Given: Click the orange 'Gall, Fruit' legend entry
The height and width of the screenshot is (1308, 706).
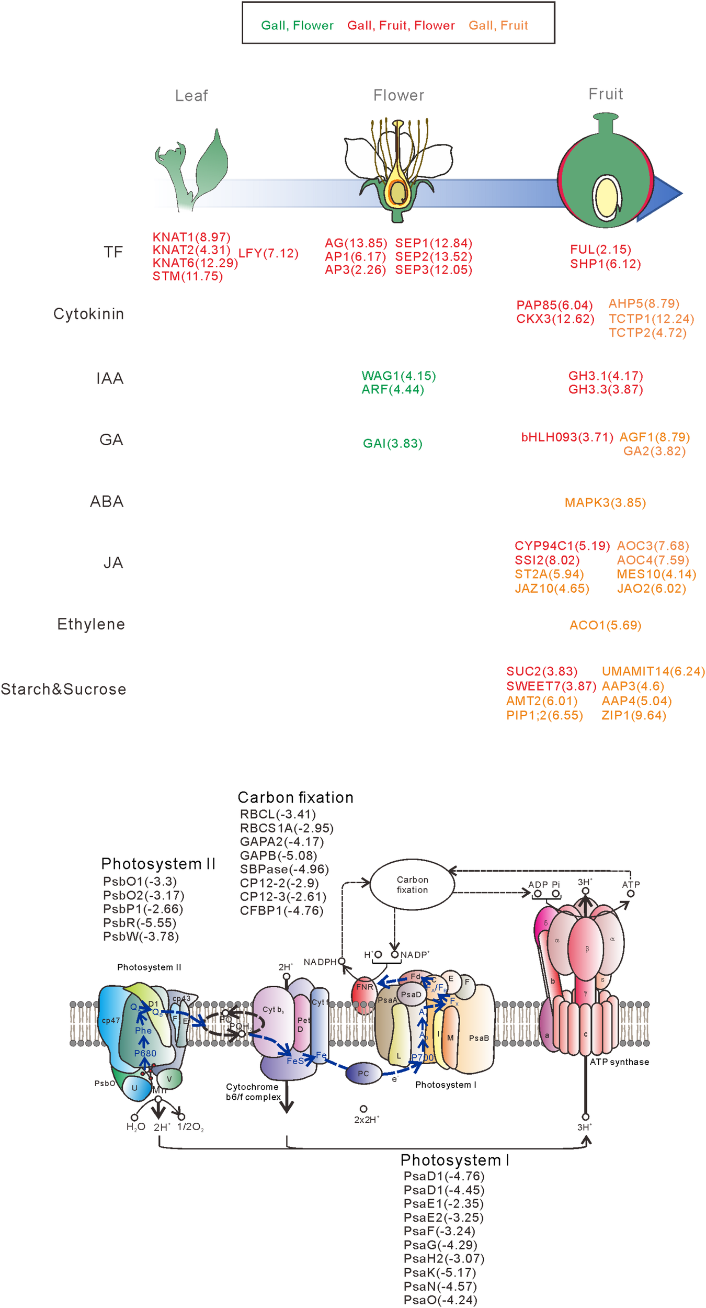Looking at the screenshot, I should (498, 25).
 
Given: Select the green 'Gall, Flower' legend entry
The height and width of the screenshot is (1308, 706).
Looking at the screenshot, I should (297, 25).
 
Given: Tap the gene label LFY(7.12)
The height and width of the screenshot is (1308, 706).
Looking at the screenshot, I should (268, 253).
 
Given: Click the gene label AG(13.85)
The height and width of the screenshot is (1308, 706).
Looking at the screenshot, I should (356, 243).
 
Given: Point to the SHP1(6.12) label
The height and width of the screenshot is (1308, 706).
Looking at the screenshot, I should (605, 264).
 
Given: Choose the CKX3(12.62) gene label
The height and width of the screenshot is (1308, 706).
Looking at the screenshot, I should (555, 319).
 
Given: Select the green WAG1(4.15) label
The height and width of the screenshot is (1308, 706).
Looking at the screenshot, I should (398, 376).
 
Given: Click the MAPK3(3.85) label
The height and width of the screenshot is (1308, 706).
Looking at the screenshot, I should (605, 502).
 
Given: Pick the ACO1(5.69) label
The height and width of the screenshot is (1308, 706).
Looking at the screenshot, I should (605, 625).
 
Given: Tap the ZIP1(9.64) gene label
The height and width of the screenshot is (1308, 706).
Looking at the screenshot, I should (634, 715).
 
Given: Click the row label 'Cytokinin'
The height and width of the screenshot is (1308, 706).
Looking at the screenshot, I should (89, 314).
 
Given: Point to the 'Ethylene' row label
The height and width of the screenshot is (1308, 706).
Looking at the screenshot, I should (91, 624).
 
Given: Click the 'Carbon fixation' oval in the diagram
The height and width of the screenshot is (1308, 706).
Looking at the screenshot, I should (412, 885).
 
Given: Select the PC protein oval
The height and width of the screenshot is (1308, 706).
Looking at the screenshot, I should (363, 1074).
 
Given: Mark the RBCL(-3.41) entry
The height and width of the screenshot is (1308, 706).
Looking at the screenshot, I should (278, 814).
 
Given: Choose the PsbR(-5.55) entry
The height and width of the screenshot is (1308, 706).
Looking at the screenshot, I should (140, 922).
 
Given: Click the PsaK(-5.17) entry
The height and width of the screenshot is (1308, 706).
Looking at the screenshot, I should (439, 1272).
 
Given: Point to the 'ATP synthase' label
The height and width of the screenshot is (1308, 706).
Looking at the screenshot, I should (619, 1062).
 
